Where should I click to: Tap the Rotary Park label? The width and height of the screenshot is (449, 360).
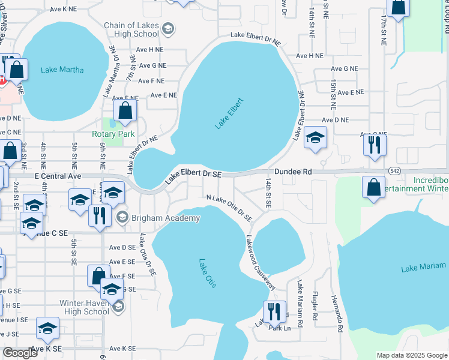(113, 134)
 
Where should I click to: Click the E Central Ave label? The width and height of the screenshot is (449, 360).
(58, 176)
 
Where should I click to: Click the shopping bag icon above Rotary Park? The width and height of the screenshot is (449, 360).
(125, 111)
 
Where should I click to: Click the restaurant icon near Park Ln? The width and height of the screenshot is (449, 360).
(274, 311)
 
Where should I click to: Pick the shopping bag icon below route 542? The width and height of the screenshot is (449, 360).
(373, 187)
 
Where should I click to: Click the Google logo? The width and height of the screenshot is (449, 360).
(20, 353)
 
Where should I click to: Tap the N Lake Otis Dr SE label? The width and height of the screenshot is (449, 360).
(229, 207)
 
